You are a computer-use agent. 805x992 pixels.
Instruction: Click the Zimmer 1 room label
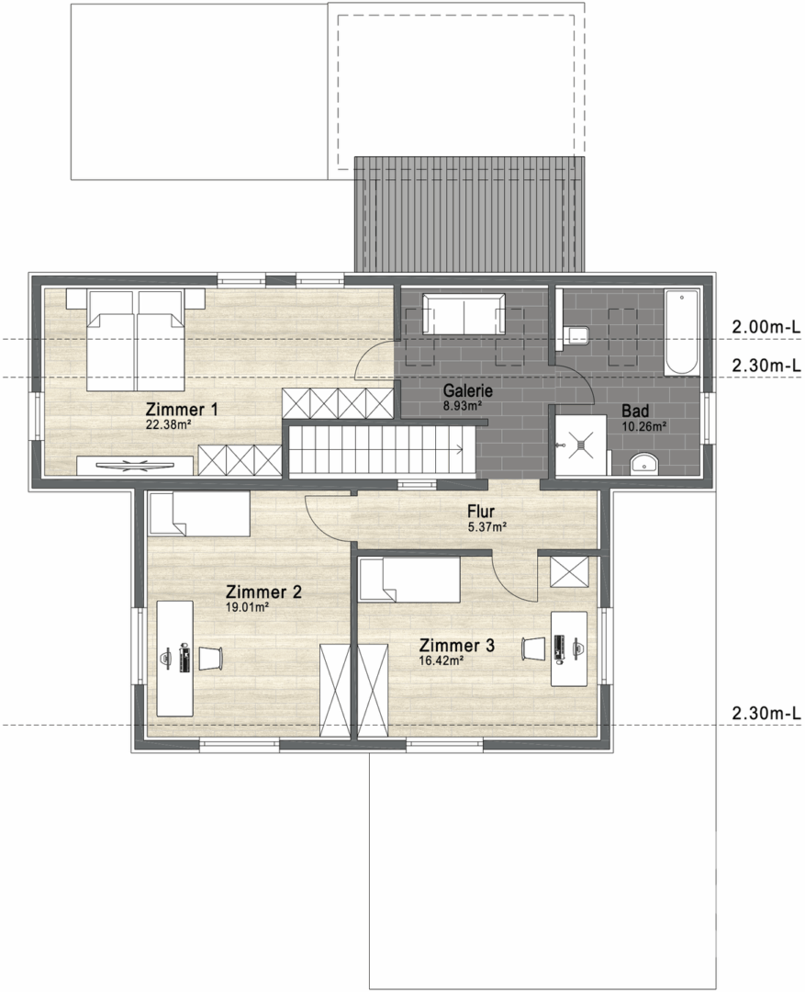point(182,410)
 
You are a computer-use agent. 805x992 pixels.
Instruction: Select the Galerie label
point(467,391)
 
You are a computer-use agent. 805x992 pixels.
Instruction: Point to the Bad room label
point(635,411)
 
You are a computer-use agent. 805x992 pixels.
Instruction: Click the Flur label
point(481,512)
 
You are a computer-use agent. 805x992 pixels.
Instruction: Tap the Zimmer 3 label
point(456,646)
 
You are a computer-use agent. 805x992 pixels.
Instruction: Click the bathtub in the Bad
point(682,333)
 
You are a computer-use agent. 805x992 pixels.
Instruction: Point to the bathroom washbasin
point(644,463)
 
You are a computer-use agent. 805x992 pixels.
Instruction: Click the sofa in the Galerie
point(464,314)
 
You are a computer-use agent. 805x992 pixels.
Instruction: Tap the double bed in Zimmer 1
point(135,339)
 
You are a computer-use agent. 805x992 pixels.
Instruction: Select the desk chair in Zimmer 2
point(211,658)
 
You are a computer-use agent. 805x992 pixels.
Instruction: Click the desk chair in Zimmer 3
point(533,648)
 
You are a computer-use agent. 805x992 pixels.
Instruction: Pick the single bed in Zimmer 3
point(409,581)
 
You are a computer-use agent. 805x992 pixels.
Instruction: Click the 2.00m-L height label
point(766,327)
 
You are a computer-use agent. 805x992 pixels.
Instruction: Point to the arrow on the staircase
point(459,449)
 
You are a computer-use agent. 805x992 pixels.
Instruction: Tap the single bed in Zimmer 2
point(198,514)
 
